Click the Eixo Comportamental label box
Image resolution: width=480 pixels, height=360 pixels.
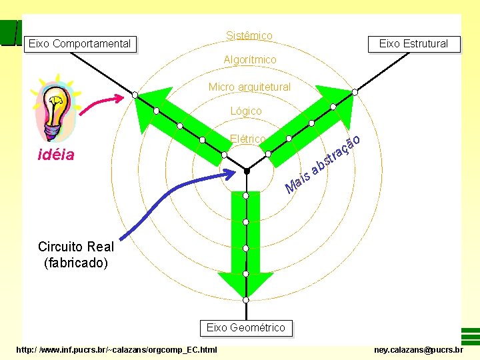[x=79, y=44]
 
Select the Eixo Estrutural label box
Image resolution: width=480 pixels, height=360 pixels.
[x=413, y=44]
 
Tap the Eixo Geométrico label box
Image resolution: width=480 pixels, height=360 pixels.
[x=245, y=327]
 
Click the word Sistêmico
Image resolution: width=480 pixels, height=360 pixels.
[x=249, y=35]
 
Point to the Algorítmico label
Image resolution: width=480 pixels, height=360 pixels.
[x=249, y=60]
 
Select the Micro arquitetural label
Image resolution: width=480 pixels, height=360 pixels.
[x=249, y=87]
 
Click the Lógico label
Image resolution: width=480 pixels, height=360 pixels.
[x=246, y=111]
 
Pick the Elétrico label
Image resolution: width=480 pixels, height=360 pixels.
[x=247, y=139]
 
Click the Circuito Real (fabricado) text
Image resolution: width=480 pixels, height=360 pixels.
[x=75, y=254]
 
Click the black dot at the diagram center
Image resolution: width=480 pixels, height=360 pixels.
[x=246, y=171]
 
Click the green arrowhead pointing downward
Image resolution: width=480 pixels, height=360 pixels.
[x=245, y=283]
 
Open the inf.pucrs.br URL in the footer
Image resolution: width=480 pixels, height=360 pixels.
[x=117, y=349]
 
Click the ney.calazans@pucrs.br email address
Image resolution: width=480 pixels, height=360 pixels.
[x=419, y=349]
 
